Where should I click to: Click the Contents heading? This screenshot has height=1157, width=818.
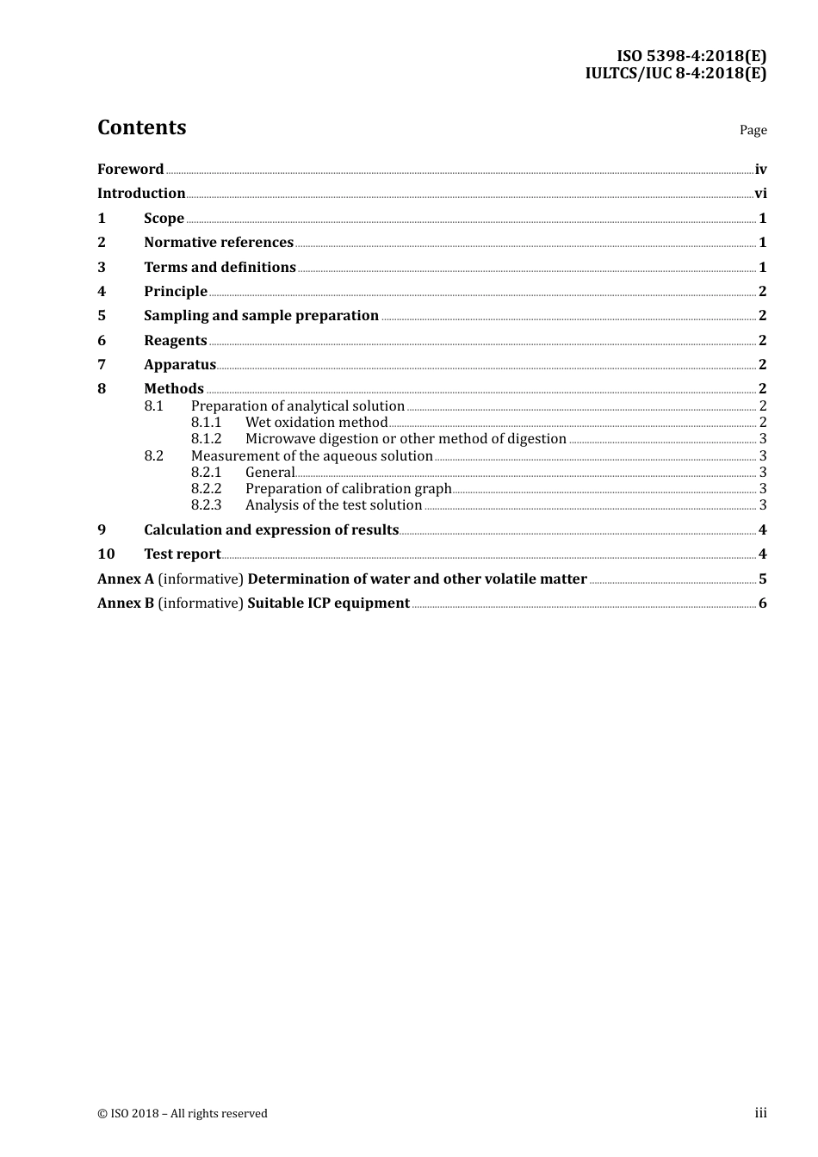141,127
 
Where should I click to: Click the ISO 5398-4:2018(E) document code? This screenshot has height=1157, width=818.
691,57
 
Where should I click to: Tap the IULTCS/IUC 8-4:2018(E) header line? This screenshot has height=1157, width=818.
675,73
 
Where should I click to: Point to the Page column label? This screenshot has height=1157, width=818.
753,130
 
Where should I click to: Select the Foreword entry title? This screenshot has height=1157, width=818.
130,170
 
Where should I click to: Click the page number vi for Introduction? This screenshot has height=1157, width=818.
760,194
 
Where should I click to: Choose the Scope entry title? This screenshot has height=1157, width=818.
164,219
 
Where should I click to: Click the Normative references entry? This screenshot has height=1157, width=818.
219,243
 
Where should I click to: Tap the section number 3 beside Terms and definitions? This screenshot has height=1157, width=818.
102,268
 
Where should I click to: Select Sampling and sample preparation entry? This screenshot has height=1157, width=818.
261,316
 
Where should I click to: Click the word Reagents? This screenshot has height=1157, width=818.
176,341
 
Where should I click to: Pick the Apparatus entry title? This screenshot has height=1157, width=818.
180,365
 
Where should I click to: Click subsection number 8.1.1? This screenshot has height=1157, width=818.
206,423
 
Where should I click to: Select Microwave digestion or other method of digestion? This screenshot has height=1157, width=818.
406,439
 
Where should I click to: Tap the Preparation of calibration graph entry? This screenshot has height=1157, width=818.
348,489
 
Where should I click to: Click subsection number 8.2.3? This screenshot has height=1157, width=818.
206,505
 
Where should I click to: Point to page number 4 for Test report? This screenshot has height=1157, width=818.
762,554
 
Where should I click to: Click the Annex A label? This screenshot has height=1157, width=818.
126,579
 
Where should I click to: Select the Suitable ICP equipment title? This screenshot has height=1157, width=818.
328,603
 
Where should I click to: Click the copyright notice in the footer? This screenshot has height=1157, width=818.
183,1114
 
